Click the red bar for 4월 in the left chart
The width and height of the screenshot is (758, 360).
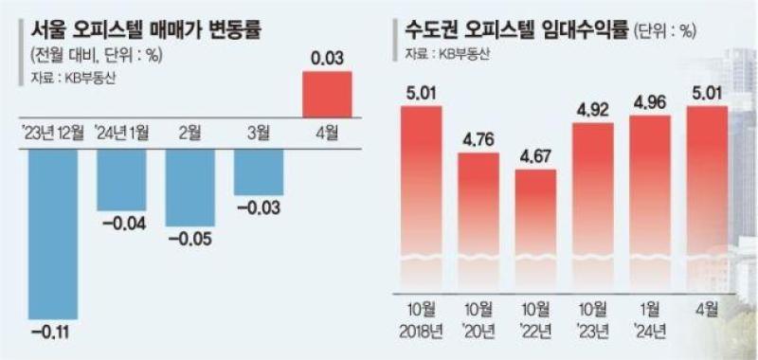pyautogui.click(x=327, y=94)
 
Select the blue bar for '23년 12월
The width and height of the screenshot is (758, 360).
pyautogui.click(x=53, y=234)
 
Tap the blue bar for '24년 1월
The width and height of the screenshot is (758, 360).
pyautogui.click(x=121, y=180)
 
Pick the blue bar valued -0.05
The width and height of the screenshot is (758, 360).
pyautogui.click(x=190, y=188)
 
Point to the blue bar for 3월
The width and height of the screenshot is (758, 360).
pyautogui.click(x=259, y=172)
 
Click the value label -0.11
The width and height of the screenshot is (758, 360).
pyautogui.click(x=53, y=333)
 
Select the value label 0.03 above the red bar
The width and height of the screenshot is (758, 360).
pyautogui.click(x=327, y=59)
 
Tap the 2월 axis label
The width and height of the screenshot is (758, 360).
pyautogui.click(x=190, y=134)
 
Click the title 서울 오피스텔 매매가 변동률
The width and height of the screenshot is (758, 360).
pyautogui.click(x=145, y=31)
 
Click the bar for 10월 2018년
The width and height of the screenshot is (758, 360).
pyautogui.click(x=422, y=199)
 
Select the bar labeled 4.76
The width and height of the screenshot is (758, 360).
pyautogui.click(x=478, y=223)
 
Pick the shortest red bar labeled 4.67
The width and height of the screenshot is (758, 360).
pyautogui.click(x=535, y=230)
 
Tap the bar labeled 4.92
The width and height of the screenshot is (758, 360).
pyautogui.click(x=593, y=207)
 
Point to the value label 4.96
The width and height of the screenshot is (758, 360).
pyautogui.click(x=650, y=103)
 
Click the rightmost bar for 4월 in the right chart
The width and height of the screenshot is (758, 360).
pyautogui.click(x=707, y=199)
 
